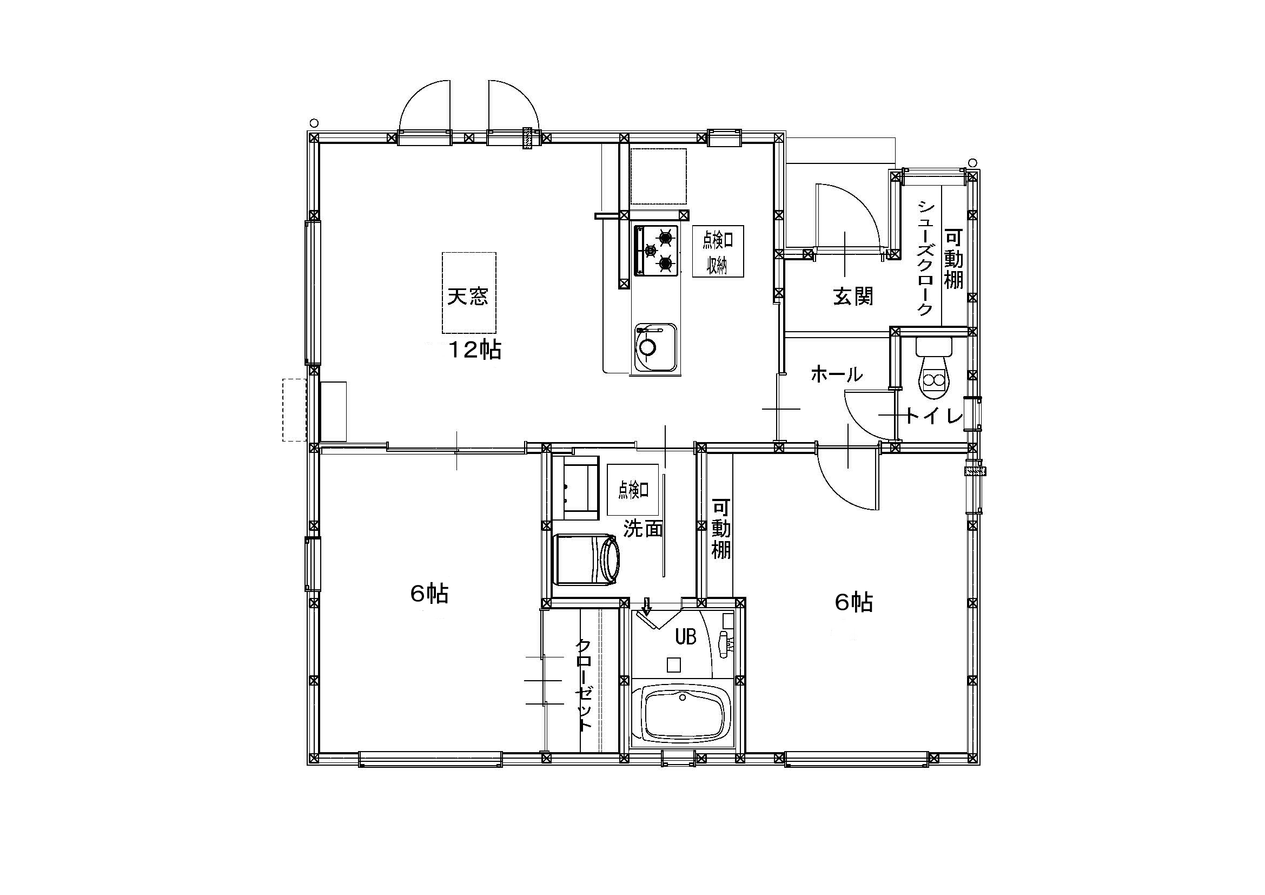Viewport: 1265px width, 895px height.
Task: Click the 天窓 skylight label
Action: pos(468,298)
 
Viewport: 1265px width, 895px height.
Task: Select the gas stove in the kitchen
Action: pos(655,250)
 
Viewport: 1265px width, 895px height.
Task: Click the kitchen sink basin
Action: pos(655,347)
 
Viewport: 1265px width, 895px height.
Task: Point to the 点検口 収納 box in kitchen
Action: pos(718,251)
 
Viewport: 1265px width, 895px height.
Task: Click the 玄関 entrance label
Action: pos(852,297)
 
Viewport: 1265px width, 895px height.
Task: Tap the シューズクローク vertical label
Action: pos(924,258)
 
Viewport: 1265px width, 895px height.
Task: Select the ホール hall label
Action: pos(836,375)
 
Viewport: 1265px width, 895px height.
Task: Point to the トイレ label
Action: pos(934,417)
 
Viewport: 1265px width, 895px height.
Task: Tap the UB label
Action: pos(686,637)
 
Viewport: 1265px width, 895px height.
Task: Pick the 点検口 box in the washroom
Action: pos(633,489)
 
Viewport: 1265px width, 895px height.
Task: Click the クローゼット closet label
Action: pos(584,685)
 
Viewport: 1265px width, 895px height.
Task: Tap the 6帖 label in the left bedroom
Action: pos(429,594)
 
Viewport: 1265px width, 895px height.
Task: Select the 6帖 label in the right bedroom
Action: pos(854,603)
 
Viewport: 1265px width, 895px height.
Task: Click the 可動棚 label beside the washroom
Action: pos(721,529)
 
